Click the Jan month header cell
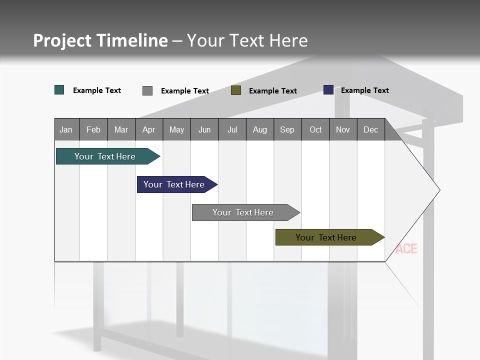click(66, 129)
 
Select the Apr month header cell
click(149, 129)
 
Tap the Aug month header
click(260, 129)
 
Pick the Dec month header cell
click(371, 129)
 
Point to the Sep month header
click(287, 129)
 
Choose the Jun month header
click(204, 129)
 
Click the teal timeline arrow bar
click(105, 156)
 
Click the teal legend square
click(59, 90)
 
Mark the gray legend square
click(147, 90)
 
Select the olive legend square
click(236, 90)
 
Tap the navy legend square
click(328, 90)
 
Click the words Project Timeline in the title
click(100, 40)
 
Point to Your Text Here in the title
click(247, 40)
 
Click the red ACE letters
click(406, 248)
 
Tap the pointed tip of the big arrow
click(438, 190)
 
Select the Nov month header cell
click(343, 129)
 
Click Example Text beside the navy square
click(365, 90)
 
